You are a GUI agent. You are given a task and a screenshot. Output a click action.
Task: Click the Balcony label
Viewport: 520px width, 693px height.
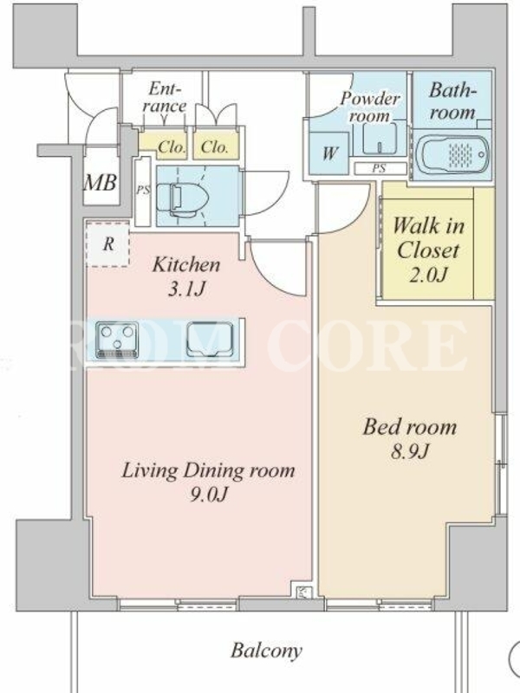pyautogui.click(x=267, y=651)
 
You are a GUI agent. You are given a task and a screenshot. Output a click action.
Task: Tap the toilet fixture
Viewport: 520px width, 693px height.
pyautogui.click(x=182, y=197)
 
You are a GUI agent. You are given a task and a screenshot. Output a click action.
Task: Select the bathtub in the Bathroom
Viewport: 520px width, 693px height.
pyautogui.click(x=453, y=154)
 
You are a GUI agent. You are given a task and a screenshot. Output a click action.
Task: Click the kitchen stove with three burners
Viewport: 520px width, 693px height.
pyautogui.click(x=117, y=340)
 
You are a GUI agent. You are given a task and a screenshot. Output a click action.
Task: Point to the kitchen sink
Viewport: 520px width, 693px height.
pyautogui.click(x=210, y=340)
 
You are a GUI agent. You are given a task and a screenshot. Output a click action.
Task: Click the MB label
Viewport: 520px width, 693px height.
pyautogui.click(x=101, y=182)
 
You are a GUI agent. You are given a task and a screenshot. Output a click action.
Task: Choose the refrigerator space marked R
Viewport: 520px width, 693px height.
pyautogui.click(x=107, y=244)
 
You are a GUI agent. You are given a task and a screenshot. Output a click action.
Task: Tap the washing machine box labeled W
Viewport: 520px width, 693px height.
pyautogui.click(x=329, y=153)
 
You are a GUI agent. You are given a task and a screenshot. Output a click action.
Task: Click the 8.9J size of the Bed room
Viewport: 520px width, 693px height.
pyautogui.click(x=409, y=451)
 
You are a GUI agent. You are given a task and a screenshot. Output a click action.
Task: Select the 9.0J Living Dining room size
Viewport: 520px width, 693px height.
pyautogui.click(x=208, y=494)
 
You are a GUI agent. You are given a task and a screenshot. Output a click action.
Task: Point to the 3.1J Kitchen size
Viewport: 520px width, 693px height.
pyautogui.click(x=186, y=289)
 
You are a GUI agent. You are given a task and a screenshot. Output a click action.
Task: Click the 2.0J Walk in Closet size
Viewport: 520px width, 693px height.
pyautogui.click(x=427, y=275)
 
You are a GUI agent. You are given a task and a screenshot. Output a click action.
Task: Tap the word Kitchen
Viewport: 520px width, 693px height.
pyautogui.click(x=186, y=265)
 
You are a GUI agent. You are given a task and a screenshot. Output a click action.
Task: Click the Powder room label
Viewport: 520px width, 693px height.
pyautogui.click(x=370, y=107)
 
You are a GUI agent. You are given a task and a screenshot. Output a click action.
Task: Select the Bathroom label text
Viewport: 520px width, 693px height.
pyautogui.click(x=452, y=101)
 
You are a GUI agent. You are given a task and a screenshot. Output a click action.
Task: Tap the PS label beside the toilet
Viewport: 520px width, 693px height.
pyautogui.click(x=143, y=191)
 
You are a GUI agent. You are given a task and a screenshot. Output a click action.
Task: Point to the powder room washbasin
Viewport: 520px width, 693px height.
pyautogui.click(x=380, y=139)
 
